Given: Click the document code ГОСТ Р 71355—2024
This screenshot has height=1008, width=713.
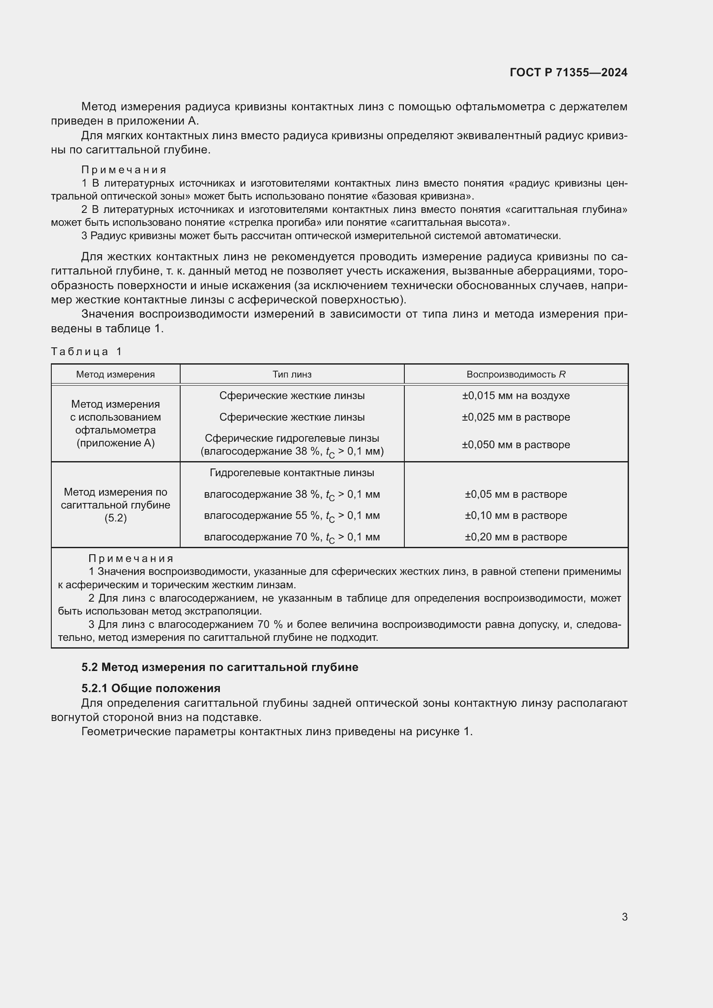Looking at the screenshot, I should click(568, 72).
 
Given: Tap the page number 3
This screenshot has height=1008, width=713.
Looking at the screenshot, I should click(624, 917).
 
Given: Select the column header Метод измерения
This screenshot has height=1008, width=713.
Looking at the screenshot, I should click(116, 374).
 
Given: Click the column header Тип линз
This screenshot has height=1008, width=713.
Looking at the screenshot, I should click(292, 374).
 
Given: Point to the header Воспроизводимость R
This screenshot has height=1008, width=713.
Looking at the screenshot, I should click(516, 374).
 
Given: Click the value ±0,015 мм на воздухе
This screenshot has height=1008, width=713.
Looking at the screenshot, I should click(516, 396).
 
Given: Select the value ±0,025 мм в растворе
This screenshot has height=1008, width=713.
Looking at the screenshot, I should click(516, 417).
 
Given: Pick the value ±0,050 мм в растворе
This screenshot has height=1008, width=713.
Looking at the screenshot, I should click(516, 445).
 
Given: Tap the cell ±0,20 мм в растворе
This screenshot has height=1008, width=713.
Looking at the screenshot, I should click(516, 537).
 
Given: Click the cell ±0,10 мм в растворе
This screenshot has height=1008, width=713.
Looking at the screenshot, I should click(516, 515).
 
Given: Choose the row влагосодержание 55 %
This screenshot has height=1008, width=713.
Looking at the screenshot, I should click(292, 516).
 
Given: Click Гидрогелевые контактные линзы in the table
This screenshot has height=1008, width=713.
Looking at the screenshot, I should click(292, 473).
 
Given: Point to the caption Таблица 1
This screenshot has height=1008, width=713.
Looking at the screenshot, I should click(87, 352).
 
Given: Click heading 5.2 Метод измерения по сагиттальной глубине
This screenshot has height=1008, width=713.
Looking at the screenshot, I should click(220, 667).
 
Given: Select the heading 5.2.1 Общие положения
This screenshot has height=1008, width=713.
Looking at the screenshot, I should click(151, 688).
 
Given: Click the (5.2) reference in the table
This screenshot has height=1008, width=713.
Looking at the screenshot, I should click(116, 518).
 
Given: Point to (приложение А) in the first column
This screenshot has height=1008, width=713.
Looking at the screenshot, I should click(116, 443).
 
